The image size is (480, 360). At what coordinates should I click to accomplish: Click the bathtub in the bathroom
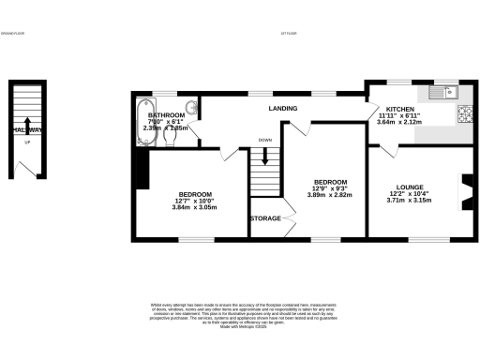click(142, 122)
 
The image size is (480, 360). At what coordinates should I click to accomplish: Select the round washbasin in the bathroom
click(190, 107)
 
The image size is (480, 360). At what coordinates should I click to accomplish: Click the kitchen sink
click(440, 92)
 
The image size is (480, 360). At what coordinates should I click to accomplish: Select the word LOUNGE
click(409, 187)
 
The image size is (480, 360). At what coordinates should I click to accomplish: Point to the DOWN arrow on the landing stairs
click(265, 155)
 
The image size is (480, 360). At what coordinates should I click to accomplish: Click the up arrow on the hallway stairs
click(27, 127)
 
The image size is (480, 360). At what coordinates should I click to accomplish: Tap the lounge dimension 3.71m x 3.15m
click(409, 201)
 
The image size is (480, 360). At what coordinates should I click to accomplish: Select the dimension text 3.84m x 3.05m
click(194, 207)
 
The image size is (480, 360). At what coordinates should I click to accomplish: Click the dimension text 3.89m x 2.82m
click(331, 195)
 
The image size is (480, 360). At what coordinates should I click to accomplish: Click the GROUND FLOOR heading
click(13, 34)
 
